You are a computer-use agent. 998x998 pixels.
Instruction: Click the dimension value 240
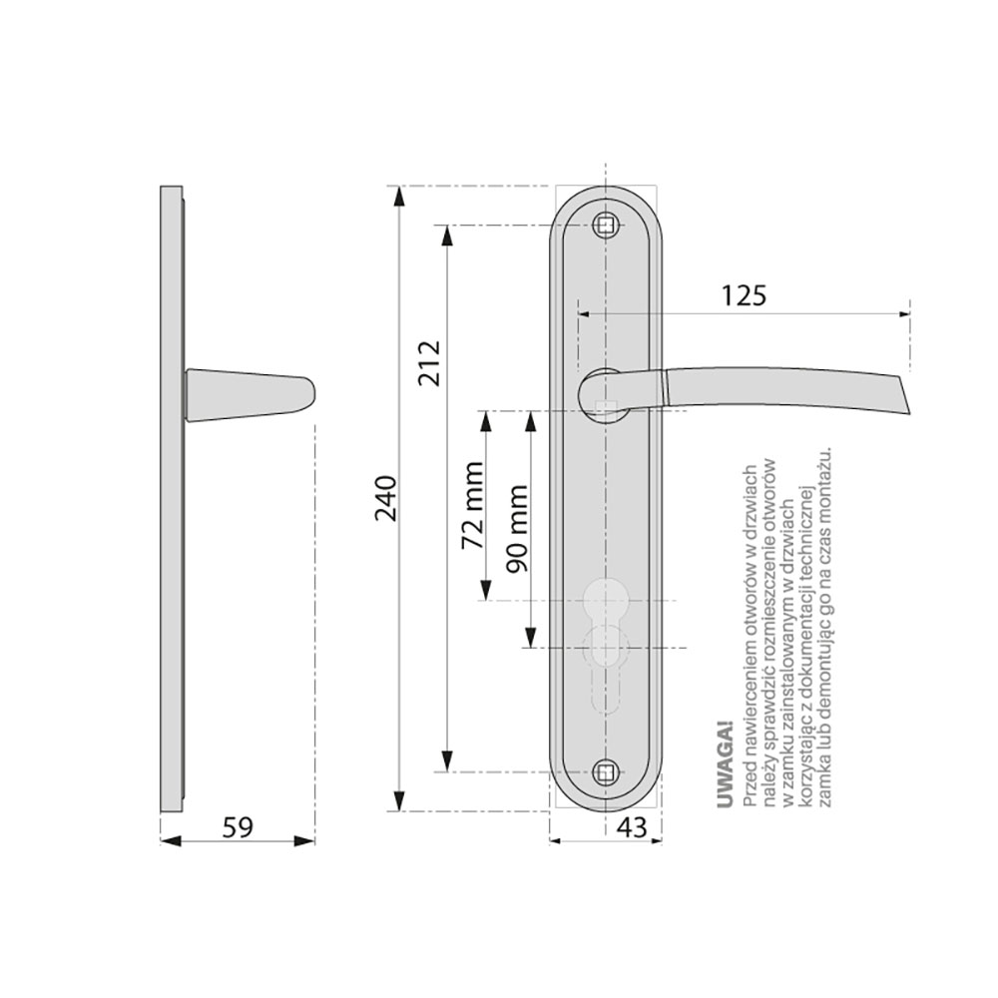pos(386,498)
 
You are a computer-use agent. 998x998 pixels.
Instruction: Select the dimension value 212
pos(429,363)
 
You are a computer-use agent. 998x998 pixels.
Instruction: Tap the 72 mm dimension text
pos(473,505)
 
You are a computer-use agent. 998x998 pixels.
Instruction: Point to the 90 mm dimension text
pos(517,529)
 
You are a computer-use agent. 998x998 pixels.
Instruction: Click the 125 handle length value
pos(745,295)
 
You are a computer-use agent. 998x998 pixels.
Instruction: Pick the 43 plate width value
pos(632,827)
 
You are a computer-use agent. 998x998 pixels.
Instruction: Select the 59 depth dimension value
pos(238,827)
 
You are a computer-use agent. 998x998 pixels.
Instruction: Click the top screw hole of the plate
pos(606,225)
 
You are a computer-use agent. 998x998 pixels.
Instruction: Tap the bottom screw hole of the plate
pos(606,772)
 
